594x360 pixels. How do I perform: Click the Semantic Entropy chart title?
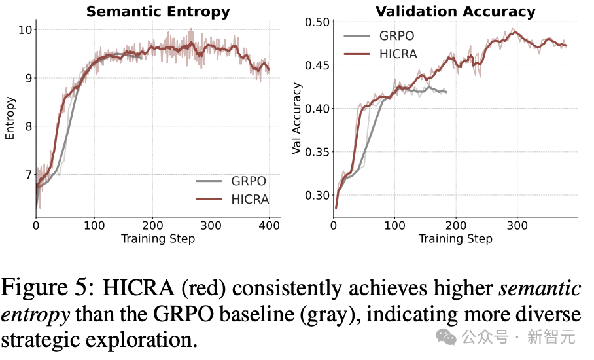[x=158, y=11]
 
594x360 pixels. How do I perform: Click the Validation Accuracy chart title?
[x=455, y=11]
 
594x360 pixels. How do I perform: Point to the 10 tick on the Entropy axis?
[x=26, y=29]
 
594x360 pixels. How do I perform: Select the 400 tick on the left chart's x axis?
[x=269, y=226]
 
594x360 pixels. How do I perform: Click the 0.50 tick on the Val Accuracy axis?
[x=317, y=22]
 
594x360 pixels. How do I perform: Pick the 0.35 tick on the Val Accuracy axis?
[x=317, y=152]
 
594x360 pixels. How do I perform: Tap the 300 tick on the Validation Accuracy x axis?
[x=517, y=226]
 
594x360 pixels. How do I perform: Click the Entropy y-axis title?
[x=10, y=118]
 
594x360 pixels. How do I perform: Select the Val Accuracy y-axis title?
[x=296, y=118]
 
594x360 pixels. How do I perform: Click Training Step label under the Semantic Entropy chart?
[x=158, y=239]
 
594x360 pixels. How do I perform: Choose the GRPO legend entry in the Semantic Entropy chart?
[x=231, y=181]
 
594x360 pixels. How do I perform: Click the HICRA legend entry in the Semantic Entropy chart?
[x=232, y=200]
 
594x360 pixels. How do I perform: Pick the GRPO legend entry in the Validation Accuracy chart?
[x=379, y=36]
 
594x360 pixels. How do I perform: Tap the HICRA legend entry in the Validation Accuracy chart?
[x=380, y=54]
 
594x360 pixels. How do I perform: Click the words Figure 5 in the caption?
[x=46, y=288]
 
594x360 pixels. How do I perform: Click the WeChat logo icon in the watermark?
[x=446, y=336]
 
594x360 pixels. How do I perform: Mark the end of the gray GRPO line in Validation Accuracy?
[x=447, y=92]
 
